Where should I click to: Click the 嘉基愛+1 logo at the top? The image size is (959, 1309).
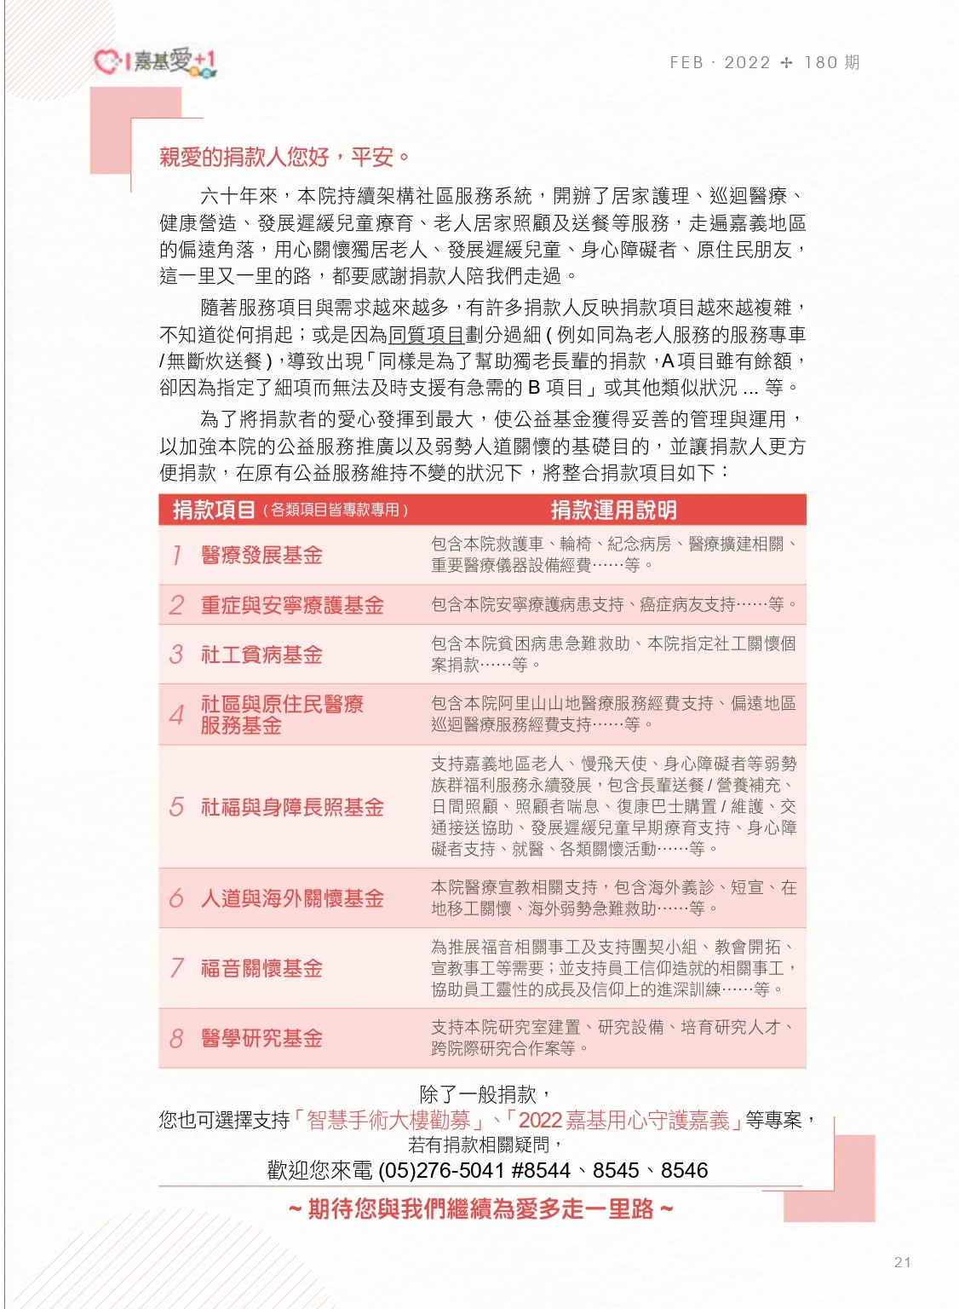pyautogui.click(x=155, y=62)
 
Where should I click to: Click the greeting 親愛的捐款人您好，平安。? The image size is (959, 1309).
pyautogui.click(x=285, y=157)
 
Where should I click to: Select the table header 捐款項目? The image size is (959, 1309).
pyautogui.click(x=214, y=510)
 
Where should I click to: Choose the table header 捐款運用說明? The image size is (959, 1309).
pyautogui.click(x=613, y=510)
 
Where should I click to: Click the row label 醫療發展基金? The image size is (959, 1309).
pyautogui.click(x=261, y=556)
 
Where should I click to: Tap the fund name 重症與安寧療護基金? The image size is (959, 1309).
pyautogui.click(x=292, y=605)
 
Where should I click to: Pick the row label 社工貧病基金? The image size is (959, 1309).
pyautogui.click(x=261, y=654)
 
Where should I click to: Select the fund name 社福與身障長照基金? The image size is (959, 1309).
pyautogui.click(x=292, y=807)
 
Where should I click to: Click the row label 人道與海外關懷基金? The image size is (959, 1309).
pyautogui.click(x=292, y=898)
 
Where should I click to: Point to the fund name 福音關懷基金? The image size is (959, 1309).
pyautogui.click(x=261, y=968)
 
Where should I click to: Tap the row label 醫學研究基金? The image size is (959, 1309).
pyautogui.click(x=261, y=1038)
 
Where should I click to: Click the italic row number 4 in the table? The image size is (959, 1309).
pyautogui.click(x=176, y=714)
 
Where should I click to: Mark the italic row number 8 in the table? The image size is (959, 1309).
pyautogui.click(x=176, y=1038)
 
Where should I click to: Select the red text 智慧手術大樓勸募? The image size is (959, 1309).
pyautogui.click(x=388, y=1120)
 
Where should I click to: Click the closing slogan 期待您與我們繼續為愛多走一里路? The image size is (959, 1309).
pyautogui.click(x=480, y=1208)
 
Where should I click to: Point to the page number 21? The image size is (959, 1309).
pyautogui.click(x=903, y=1262)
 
